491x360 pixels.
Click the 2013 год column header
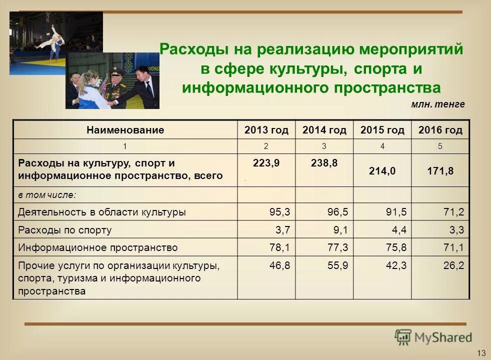click(266, 130)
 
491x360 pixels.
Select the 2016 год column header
click(440, 130)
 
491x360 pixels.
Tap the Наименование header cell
click(125, 130)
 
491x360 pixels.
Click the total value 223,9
click(266, 163)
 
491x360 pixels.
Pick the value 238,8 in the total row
click(324, 163)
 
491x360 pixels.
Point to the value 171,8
click(440, 171)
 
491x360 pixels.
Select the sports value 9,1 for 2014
click(338, 230)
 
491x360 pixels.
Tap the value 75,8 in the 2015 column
click(395, 247)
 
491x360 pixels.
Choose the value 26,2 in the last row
click(453, 265)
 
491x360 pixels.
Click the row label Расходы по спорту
click(65, 230)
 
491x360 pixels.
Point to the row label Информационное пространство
click(98, 247)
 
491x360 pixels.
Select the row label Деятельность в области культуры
click(102, 212)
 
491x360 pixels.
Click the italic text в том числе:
click(47, 195)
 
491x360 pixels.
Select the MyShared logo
click(433, 337)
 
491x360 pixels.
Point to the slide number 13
click(481, 353)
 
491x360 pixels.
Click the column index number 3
click(324, 146)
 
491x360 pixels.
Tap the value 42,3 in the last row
click(395, 265)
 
